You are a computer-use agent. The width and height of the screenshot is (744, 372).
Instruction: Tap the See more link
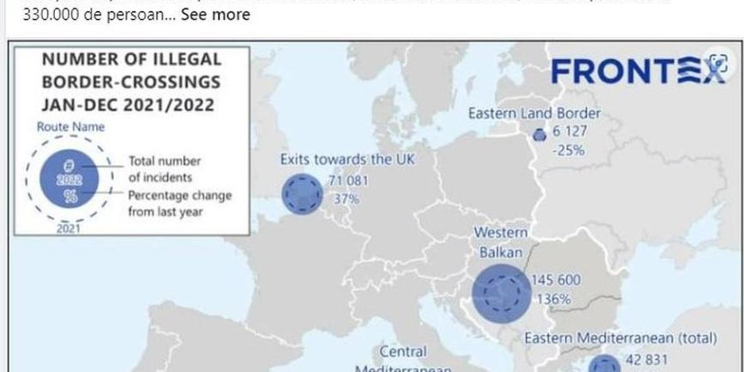pyautogui.click(x=215, y=14)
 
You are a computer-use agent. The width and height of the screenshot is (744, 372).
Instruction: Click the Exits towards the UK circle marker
pyautogui.click(x=302, y=194)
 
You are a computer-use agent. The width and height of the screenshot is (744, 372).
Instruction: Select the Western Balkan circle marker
pyautogui.click(x=501, y=293)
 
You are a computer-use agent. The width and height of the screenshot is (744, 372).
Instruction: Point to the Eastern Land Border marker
pyautogui.click(x=539, y=135)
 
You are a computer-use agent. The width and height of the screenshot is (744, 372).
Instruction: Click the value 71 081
pyautogui.click(x=348, y=181)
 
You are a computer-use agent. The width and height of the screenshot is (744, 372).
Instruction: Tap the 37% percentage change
pyautogui.click(x=346, y=199)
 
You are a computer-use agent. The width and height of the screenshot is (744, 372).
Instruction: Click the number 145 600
pyautogui.click(x=556, y=280)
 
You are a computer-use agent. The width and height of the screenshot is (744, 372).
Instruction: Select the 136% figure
pyautogui.click(x=553, y=299)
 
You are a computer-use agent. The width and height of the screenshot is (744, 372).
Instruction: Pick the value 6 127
pyautogui.click(x=570, y=131)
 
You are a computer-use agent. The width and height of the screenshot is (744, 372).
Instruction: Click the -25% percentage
pyautogui.click(x=568, y=150)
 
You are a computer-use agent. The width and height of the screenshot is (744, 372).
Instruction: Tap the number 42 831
pyautogui.click(x=647, y=360)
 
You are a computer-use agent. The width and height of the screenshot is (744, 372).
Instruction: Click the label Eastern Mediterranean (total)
pyautogui.click(x=620, y=339)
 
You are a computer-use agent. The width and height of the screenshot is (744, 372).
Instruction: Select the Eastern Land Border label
pyautogui.click(x=534, y=113)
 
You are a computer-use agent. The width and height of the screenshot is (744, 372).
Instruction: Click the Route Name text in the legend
pyautogui.click(x=71, y=127)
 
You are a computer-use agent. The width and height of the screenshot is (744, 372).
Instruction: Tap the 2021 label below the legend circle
pyautogui.click(x=69, y=229)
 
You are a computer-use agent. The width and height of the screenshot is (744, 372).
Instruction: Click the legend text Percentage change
pyautogui.click(x=180, y=195)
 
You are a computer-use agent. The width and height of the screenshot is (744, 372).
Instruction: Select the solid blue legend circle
pyautogui.click(x=69, y=179)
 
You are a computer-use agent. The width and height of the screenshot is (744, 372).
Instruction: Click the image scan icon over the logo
pyautogui.click(x=719, y=63)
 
